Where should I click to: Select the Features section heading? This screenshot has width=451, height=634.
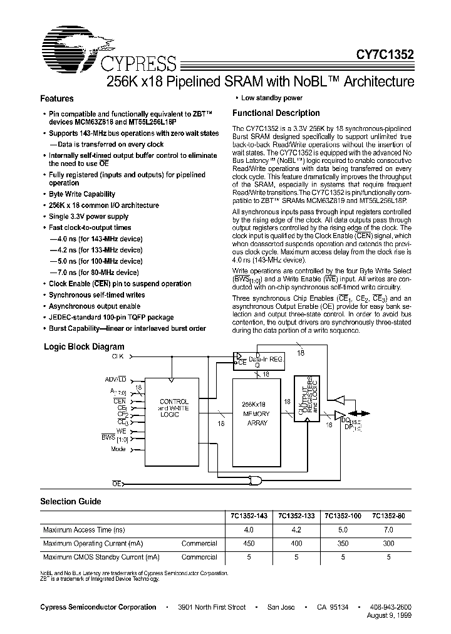57,99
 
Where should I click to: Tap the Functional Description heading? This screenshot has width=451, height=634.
276,113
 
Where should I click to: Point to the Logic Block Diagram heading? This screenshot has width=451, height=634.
83,346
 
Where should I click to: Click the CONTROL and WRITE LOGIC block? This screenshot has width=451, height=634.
172,407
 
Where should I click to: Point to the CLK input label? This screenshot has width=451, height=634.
118,356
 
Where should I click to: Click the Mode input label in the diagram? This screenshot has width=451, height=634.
118,449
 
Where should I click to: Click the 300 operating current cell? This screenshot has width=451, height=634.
389,543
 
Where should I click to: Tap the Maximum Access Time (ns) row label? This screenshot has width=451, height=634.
83,530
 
